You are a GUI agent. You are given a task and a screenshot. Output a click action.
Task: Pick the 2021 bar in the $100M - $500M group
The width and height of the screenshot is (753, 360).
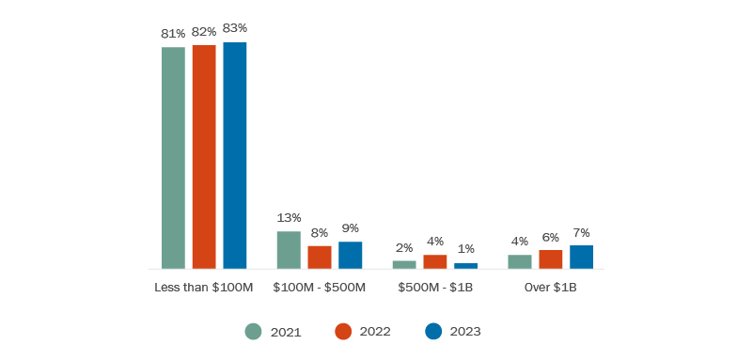coord(289,250)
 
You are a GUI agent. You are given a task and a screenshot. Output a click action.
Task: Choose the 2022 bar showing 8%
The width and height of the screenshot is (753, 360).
coord(320,258)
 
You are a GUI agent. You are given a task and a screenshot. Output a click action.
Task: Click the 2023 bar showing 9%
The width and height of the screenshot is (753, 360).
coord(350,256)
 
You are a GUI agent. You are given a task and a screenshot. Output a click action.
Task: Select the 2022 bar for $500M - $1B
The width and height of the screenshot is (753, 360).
coord(435,261)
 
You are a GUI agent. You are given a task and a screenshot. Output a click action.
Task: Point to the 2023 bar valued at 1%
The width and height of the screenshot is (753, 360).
coord(465,266)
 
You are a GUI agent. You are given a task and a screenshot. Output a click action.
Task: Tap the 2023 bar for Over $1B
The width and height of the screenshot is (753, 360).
coord(581,258)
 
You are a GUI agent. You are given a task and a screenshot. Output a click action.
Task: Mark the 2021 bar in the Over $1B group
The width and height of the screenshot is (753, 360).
coord(520,261)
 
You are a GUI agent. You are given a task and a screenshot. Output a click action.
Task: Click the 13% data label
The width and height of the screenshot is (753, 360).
coord(289,218)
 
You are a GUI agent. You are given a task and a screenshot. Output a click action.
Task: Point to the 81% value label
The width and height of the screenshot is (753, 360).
coord(173,34)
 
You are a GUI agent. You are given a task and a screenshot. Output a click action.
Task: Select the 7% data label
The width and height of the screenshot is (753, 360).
coord(581,232)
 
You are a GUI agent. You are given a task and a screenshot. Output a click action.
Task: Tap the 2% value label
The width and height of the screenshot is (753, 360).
coord(404,248)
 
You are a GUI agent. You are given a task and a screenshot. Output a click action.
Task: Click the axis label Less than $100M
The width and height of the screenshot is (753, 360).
coord(204,287)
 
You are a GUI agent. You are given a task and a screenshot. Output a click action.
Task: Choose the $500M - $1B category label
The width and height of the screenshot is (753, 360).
coord(435,287)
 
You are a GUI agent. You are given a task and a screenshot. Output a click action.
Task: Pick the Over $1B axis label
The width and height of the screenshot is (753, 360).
coord(550,287)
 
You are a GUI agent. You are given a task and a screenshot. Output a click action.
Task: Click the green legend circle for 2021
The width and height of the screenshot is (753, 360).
coord(253,331)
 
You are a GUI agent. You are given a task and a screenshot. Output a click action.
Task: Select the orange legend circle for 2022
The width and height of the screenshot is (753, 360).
coord(343,331)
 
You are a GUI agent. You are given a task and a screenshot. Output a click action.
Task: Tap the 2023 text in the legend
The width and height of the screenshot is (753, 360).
coord(465,331)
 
